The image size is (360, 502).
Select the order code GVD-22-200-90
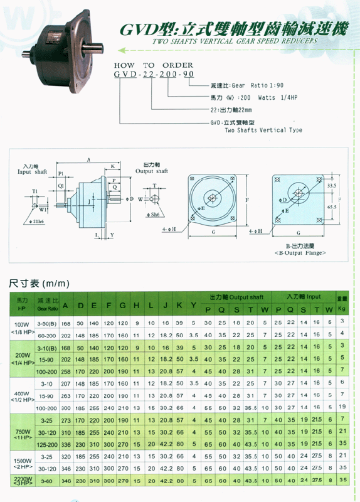pos(154,74)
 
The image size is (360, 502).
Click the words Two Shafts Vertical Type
pos(263,130)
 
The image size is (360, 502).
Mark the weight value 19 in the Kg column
pos(342,407)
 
